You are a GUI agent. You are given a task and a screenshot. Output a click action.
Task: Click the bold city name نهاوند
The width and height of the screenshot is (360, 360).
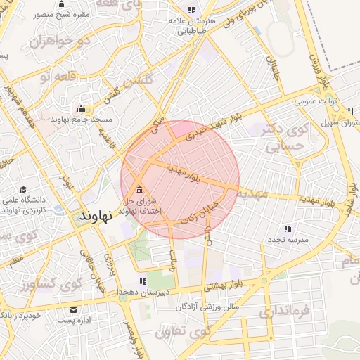96,215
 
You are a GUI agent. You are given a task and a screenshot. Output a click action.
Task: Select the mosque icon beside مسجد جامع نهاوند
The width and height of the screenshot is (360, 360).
82,109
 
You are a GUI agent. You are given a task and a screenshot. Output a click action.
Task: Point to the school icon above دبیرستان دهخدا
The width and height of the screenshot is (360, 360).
143,281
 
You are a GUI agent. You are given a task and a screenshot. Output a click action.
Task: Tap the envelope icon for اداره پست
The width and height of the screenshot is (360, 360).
74,310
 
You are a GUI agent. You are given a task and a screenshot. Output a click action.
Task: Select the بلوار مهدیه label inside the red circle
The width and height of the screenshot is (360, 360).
184,173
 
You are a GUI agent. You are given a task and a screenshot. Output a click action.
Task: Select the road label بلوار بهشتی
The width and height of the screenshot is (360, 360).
224,285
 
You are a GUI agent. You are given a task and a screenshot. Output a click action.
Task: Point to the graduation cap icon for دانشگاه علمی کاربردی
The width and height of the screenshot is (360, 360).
22,190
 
